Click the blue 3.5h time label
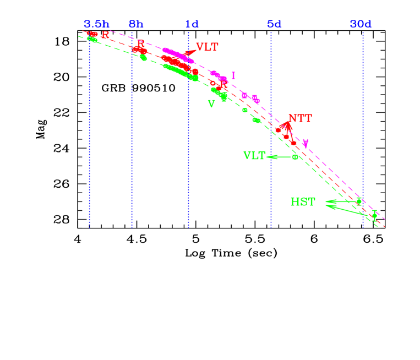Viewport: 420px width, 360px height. coord(96,24)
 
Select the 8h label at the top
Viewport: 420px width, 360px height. coord(136,24)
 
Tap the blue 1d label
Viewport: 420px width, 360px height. coord(192,24)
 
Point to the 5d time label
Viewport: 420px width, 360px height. coord(274,24)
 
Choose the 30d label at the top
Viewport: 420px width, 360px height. coord(361,24)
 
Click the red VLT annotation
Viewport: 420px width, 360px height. coord(207,47)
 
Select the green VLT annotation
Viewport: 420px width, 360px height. coord(254,155)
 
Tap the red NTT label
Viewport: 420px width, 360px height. coord(300,118)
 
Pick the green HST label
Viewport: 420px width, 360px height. coord(303,202)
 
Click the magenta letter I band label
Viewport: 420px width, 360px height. coord(233,75)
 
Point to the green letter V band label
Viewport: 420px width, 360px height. coord(211,104)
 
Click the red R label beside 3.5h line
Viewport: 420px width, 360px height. coord(105,35)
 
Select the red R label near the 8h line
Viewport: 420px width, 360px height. coord(140,43)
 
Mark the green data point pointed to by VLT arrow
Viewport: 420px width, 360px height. coord(295,157)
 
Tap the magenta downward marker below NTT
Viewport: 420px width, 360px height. coord(306,143)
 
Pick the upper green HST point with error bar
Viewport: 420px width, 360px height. coord(358,201)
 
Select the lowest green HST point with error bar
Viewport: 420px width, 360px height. coord(374,215)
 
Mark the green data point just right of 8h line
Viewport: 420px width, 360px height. coord(144,57)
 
